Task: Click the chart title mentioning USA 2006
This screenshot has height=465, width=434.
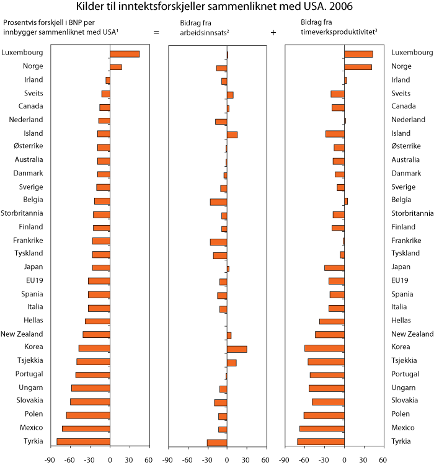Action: pos(217,7)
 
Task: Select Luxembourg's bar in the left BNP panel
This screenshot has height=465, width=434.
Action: pos(125,54)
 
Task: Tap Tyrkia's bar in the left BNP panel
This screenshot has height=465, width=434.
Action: pos(83,441)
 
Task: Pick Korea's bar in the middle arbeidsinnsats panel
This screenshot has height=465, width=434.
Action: pos(237,349)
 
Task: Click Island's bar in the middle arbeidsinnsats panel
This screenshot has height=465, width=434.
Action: pos(232,135)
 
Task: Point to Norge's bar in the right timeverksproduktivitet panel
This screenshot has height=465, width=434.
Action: pos(358,67)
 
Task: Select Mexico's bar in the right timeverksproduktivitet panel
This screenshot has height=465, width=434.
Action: pos(322,428)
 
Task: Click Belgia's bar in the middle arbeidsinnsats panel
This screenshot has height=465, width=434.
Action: pos(218,201)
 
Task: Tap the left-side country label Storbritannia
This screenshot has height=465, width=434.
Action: pos(22,213)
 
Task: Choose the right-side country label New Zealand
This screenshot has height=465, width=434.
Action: pos(412,334)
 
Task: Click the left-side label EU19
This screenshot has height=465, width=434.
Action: pos(34,280)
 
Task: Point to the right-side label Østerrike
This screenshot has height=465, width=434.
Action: pos(406,146)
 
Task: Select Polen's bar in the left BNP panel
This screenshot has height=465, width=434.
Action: pos(88,415)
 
